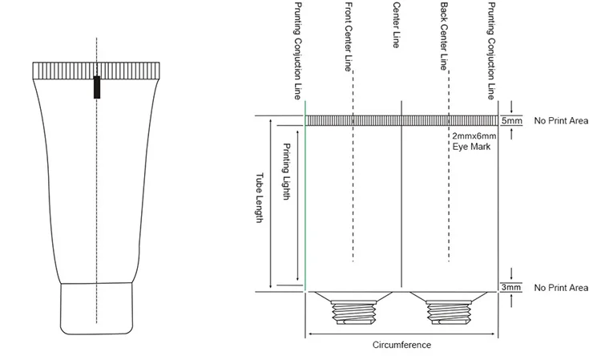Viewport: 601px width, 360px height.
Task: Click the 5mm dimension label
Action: coord(512,121)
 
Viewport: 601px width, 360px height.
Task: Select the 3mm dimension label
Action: coord(512,287)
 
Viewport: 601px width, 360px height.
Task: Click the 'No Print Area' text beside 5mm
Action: coord(561,121)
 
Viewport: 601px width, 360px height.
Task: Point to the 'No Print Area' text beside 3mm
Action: coord(561,287)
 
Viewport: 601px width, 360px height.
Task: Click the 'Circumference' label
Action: coord(402,346)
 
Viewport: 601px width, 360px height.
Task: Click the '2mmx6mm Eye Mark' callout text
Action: coord(474,142)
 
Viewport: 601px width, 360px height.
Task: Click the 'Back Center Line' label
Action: coord(444,37)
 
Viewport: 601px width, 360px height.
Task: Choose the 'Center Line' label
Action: coord(396,26)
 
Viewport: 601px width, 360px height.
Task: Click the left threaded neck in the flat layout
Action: coord(353,308)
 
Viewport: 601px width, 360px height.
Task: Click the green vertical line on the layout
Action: coord(305,200)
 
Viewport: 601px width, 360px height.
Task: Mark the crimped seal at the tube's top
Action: coord(97,71)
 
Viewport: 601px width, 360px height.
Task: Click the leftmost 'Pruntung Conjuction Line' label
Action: coord(300,50)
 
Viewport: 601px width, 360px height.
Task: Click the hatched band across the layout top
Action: coord(401,120)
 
